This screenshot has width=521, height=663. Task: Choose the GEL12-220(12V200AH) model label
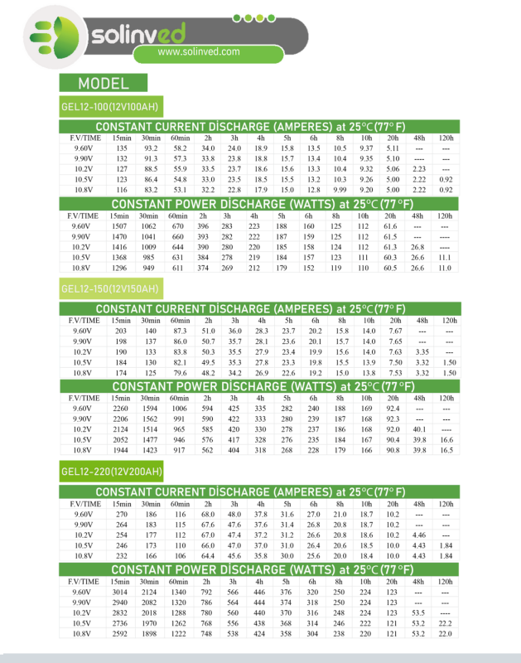112,472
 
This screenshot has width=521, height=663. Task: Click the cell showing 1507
120,226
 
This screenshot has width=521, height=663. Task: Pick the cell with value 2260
121,408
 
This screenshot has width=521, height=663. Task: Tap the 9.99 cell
340,189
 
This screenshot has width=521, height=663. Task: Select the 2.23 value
418,168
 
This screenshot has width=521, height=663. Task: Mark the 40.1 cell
419,428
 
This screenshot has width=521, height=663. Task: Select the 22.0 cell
447,633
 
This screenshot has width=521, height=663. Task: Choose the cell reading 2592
121,633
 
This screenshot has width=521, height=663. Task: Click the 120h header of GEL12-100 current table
446,137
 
